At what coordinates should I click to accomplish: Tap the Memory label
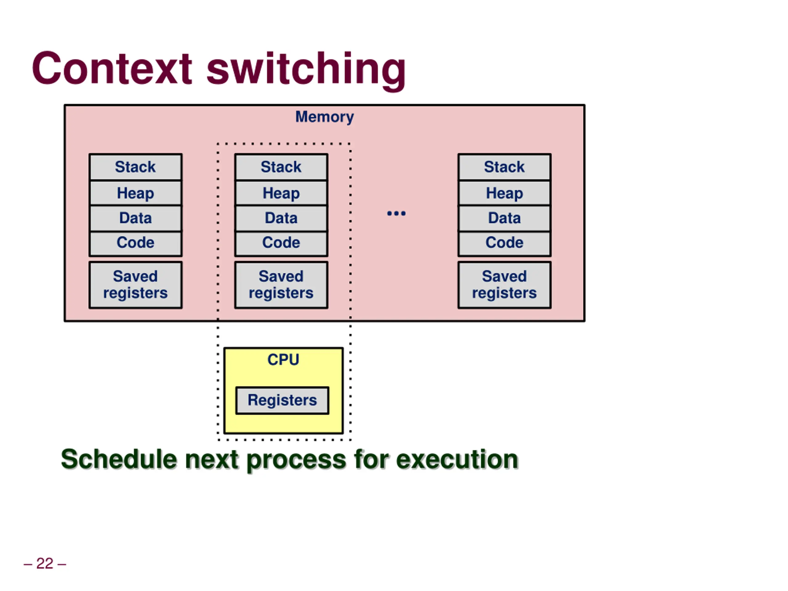324,117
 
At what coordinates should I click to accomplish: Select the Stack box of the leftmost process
135,167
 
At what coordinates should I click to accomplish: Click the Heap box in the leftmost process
135,193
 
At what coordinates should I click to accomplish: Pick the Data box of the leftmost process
135,218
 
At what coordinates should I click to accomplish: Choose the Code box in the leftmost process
135,243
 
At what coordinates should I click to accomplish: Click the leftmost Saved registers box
135,285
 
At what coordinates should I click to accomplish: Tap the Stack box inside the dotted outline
281,167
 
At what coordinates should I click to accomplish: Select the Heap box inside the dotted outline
281,193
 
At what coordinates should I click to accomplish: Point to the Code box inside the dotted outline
281,243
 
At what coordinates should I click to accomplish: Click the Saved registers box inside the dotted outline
281,285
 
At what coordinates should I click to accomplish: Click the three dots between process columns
396,213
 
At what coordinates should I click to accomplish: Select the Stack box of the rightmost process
505,167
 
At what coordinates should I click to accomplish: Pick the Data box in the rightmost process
505,218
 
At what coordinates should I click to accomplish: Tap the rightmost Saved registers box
505,285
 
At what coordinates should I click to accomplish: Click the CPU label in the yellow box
283,360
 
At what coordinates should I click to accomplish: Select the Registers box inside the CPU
282,400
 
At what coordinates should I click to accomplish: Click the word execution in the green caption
457,459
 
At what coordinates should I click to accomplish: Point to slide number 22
45,564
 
